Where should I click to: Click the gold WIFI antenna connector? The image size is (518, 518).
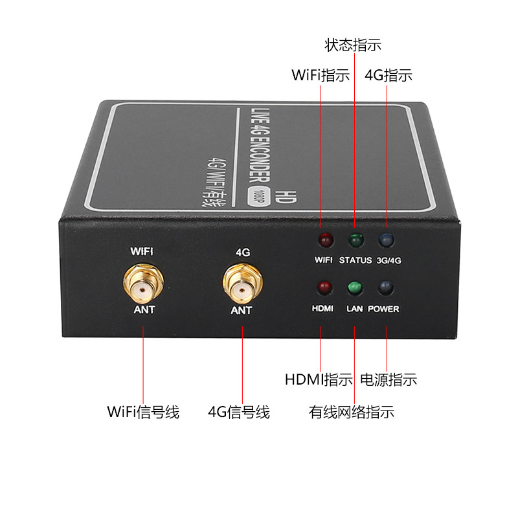click(143, 284)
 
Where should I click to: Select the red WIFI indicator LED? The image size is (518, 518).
click(326, 240)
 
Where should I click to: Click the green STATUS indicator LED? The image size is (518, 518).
click(356, 240)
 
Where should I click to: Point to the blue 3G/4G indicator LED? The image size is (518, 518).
click(386, 240)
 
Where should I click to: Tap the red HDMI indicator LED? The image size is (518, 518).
click(324, 287)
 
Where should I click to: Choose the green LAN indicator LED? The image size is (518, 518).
click(355, 287)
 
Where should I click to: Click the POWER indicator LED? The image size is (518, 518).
click(385, 287)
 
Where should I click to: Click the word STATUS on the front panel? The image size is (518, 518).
click(355, 260)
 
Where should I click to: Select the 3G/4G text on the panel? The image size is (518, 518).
click(389, 261)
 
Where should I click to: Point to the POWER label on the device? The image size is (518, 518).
click(383, 309)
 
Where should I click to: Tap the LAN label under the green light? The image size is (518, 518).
click(354, 309)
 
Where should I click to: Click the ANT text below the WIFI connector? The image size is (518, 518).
click(144, 310)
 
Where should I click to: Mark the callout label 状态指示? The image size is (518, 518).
click(353, 45)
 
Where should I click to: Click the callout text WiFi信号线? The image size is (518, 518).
click(143, 412)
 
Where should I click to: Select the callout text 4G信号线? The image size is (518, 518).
click(239, 412)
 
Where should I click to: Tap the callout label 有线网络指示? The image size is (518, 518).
click(352, 412)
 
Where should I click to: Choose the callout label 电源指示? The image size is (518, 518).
click(388, 379)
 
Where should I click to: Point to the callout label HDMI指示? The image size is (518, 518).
click(319, 379)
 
